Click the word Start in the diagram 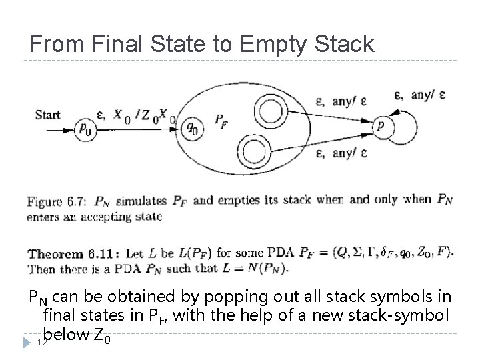pyautogui.click(x=49, y=114)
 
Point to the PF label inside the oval pyautogui.click(x=220, y=121)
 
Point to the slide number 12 pyautogui.click(x=42, y=343)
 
